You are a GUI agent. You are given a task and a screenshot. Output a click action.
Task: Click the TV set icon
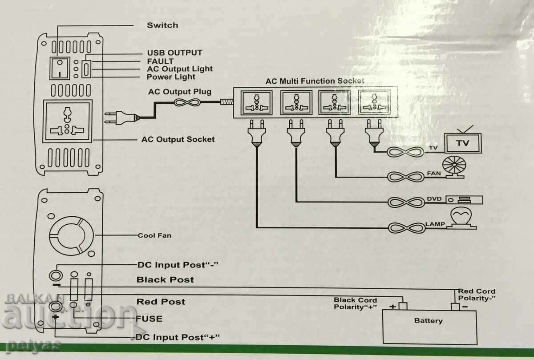(x=463, y=142)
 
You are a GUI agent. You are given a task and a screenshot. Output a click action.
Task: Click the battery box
(x=429, y=327)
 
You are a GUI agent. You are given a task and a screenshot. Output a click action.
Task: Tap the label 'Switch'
(x=162, y=25)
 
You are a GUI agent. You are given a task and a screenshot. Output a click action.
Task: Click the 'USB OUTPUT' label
(x=174, y=53)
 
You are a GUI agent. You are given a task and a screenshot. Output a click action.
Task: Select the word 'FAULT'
(x=160, y=61)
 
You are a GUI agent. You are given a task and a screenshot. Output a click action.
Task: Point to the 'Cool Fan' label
(x=154, y=235)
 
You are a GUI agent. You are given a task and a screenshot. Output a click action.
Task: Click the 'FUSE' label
(x=149, y=319)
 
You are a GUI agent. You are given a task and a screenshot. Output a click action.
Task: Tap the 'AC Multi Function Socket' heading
(x=315, y=81)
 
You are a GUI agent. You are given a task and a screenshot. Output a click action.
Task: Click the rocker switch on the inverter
(x=59, y=69)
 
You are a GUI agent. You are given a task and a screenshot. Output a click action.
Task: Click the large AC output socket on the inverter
(x=68, y=121)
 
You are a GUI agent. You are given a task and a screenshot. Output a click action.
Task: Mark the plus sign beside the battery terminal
(x=393, y=307)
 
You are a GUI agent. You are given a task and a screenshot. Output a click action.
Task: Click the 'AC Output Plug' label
(x=179, y=92)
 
